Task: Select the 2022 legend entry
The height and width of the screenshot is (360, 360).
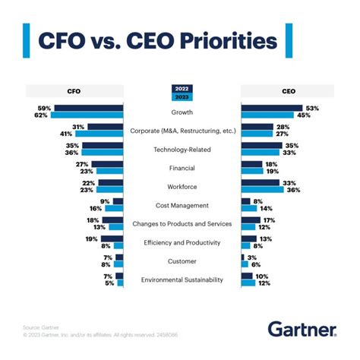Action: tap(179, 89)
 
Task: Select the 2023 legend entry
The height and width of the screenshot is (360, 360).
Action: tap(179, 96)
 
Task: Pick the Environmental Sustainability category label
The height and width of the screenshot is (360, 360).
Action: tap(180, 279)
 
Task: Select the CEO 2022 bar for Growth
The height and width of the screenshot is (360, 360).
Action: tap(272, 109)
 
